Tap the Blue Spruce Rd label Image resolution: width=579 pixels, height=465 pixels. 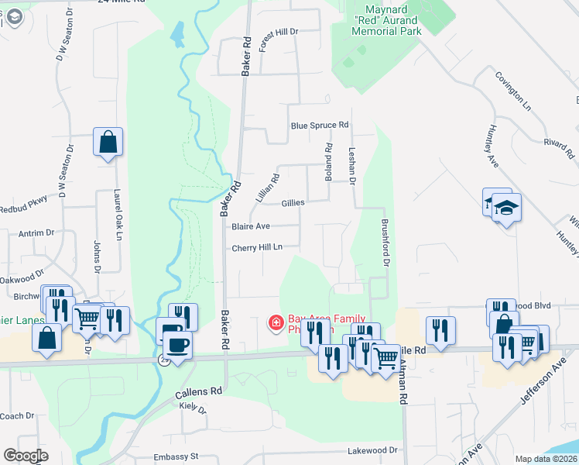click(320, 126)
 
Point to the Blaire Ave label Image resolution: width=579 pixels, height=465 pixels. click(250, 226)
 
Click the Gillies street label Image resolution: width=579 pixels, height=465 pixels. click(293, 203)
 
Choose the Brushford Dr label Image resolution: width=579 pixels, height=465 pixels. click(384, 242)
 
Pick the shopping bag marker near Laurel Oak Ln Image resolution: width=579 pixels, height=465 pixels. click(108, 143)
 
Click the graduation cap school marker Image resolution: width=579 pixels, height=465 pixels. click(506, 208)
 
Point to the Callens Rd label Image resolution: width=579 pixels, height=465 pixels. click(200, 391)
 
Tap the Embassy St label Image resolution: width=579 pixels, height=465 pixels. click(176, 456)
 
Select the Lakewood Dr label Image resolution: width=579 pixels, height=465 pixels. click(372, 449)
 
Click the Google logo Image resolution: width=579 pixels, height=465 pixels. click(26, 456)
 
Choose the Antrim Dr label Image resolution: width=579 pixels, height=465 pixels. click(35, 232)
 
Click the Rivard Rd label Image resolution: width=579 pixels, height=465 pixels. click(557, 143)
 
